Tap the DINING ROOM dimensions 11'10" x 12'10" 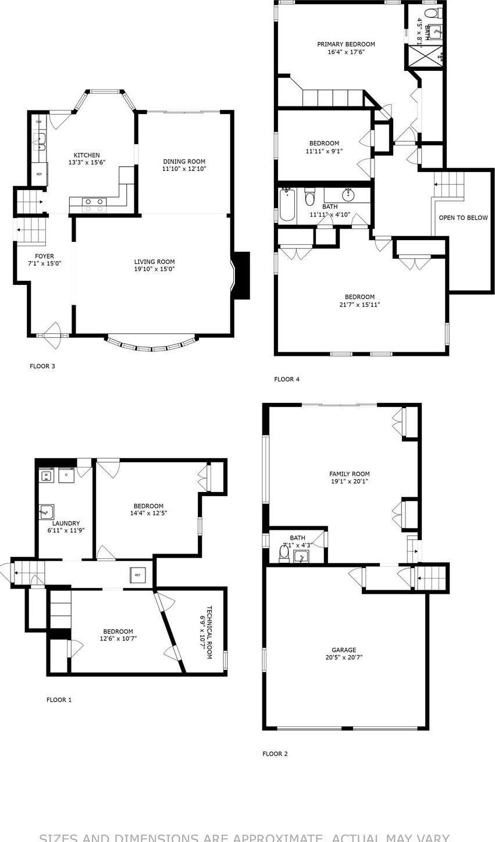(184, 169)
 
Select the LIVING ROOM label (154, 262)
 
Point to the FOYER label (44, 256)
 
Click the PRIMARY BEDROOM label (346, 44)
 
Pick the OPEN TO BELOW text (463, 218)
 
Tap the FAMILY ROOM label (349, 474)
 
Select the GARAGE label (344, 650)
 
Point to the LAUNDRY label (65, 523)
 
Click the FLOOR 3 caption (42, 366)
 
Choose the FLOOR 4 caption (287, 380)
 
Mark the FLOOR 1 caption (59, 700)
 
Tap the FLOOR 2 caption (275, 754)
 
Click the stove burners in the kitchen (95, 205)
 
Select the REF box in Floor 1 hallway (138, 575)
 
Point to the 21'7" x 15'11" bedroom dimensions (359, 305)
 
